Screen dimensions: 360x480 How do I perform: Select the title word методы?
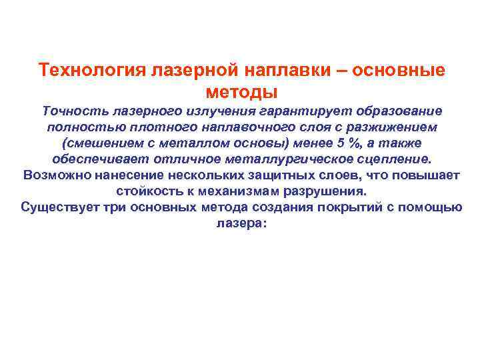point(242,91)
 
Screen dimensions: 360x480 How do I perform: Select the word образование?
point(393,111)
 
